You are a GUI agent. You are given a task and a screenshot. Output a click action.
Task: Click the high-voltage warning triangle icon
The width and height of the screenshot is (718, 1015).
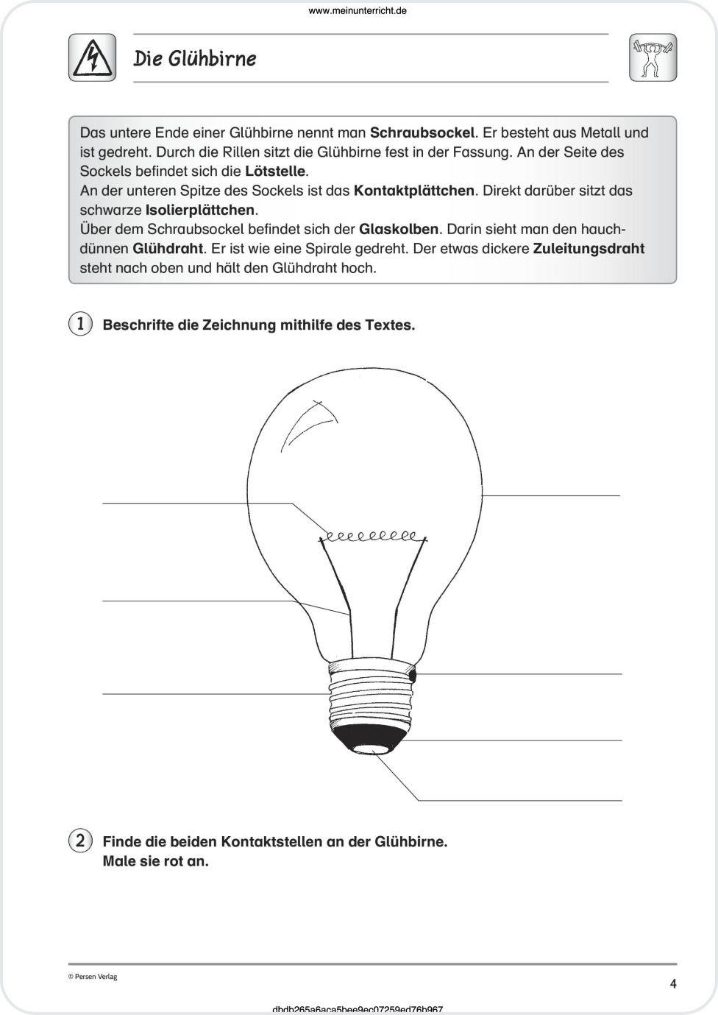pos(92,57)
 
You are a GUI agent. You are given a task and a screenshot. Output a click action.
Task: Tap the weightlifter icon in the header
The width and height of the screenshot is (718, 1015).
pos(653,57)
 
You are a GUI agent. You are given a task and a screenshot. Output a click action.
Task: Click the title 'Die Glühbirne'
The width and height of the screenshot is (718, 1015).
pos(195,58)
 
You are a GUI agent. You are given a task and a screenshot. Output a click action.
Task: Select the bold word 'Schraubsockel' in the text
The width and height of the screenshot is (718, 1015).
pos(422,133)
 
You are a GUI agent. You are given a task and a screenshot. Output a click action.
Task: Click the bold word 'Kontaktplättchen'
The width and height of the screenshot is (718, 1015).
pos(413,191)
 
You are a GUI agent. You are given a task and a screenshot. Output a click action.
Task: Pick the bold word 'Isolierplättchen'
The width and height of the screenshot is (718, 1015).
pos(200,210)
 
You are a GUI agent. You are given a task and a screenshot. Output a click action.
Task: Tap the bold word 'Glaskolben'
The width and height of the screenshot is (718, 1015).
pos(399,229)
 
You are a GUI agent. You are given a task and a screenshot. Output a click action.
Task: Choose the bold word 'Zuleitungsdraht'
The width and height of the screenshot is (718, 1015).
pos(589,248)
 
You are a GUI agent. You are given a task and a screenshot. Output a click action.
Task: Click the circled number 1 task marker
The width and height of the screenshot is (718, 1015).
pos(80,324)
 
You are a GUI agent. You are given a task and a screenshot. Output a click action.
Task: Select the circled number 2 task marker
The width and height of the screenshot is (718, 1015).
pos(80,840)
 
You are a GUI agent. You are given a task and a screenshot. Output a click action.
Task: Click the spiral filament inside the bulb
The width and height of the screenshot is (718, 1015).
pos(371,536)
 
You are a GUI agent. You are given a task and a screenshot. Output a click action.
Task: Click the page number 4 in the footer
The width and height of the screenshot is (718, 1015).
pos(672,983)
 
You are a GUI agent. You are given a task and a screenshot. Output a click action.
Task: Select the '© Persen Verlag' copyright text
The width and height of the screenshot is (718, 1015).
pos(93,977)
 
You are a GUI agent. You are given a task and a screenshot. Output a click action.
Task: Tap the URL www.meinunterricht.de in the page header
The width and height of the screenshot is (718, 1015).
pos(358,10)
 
